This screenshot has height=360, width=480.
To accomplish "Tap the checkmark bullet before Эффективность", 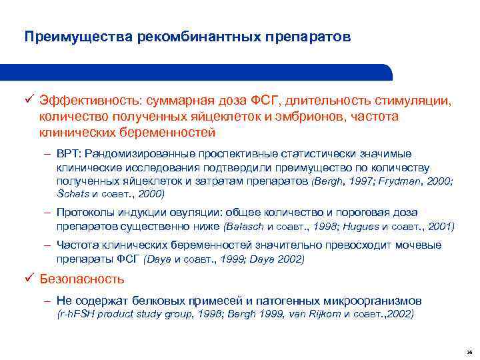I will (29, 99).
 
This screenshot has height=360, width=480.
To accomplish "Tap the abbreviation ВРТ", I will (69, 154).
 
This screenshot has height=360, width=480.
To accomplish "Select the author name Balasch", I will (245, 226).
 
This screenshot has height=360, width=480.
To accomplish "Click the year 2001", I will (441, 226).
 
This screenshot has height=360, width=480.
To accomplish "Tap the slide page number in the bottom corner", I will (469, 351).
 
